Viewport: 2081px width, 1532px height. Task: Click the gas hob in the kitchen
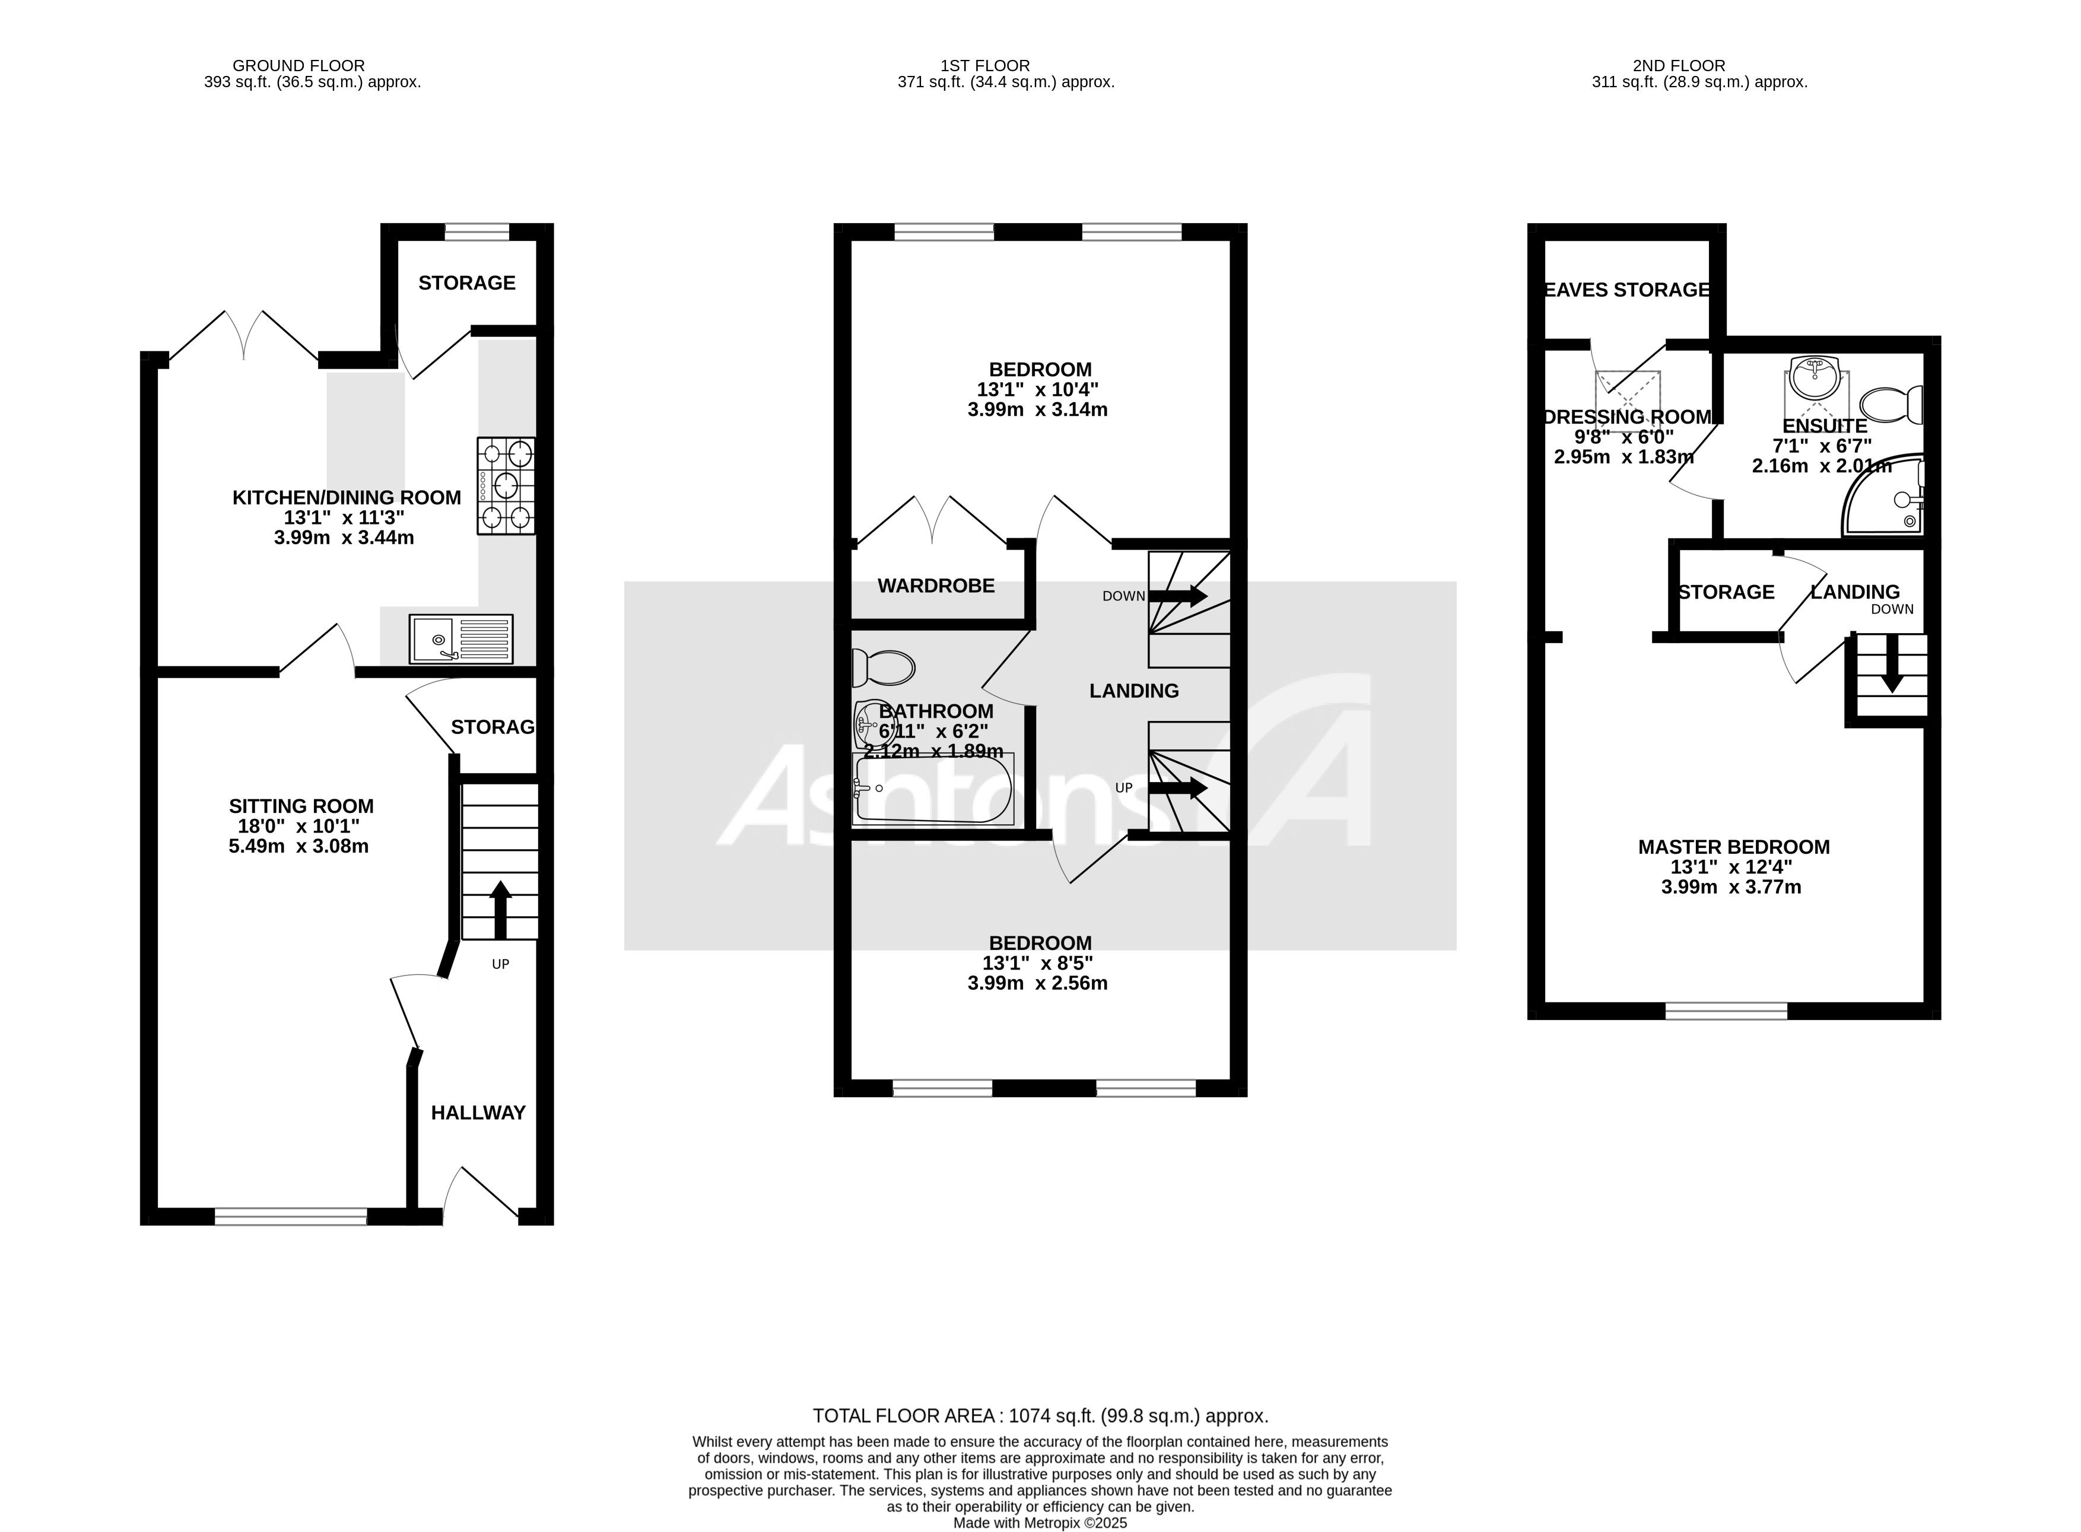pos(506,485)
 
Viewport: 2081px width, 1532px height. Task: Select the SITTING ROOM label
pos(301,806)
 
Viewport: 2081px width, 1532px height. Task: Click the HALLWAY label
pos(478,1112)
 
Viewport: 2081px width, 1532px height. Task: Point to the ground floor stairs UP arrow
pos(500,909)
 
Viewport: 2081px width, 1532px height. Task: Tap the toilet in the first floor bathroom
pos(883,667)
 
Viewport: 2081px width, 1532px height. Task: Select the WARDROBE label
pos(936,585)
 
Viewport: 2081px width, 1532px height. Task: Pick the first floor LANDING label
pos(1133,690)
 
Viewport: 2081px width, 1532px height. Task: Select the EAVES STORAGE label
pos(1626,290)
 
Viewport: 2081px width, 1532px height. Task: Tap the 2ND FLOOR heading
pos(1679,65)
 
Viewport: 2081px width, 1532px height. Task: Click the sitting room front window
pos(290,1216)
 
